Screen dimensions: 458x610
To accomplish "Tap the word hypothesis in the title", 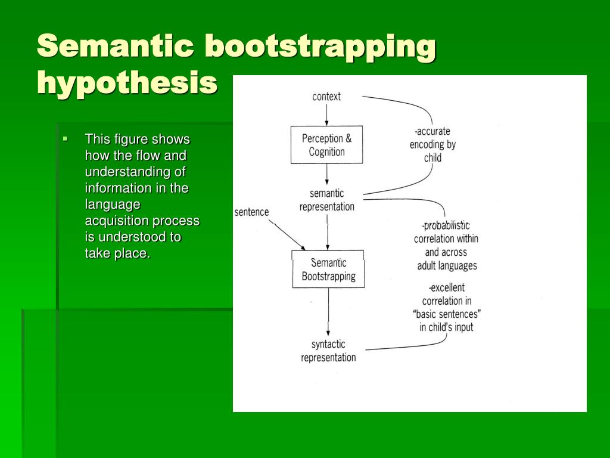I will click(x=127, y=82).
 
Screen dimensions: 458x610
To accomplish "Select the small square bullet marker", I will click(x=66, y=140).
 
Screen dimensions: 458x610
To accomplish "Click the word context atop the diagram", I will click(x=326, y=97).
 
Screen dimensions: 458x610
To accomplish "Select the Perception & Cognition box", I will click(x=326, y=145).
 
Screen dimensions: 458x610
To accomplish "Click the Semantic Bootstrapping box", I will click(x=328, y=270).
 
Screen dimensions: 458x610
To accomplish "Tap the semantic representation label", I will click(x=326, y=200).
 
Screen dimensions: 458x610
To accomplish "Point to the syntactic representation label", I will click(x=328, y=351).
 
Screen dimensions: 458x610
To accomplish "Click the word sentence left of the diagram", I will click(x=251, y=212).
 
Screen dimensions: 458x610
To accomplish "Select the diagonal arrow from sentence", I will click(x=287, y=234).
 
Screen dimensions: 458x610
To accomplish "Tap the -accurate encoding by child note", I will click(x=432, y=144).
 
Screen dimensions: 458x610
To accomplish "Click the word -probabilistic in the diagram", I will click(x=446, y=225).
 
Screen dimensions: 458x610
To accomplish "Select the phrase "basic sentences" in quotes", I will click(x=446, y=314).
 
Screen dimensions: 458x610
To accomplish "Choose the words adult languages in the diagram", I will click(x=446, y=265).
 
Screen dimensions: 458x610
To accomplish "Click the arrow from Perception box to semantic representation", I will click(x=327, y=174).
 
